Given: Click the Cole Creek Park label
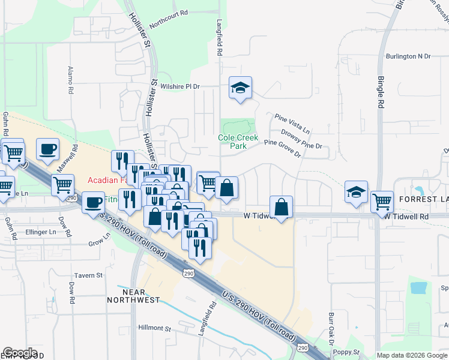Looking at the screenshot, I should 238,142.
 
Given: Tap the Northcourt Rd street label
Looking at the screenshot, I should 169,20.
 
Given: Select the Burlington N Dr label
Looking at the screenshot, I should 409,56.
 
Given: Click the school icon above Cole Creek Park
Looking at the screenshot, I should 240,88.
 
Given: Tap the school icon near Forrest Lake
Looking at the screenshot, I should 356,192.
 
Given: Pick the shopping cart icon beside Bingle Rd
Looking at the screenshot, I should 382,202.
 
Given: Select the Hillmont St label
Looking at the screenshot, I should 155,328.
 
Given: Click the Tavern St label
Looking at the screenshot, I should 89,275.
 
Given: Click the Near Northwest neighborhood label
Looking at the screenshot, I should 133,296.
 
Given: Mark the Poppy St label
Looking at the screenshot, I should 348,352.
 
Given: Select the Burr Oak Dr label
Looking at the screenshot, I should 331,327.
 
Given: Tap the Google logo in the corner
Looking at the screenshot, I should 20,353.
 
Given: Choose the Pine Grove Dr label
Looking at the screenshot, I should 282,148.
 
